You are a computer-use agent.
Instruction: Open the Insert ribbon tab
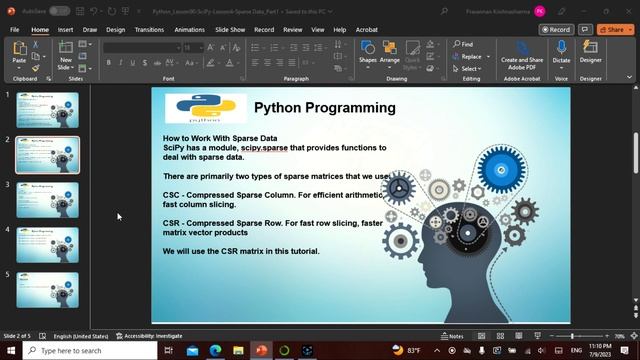click(65, 30)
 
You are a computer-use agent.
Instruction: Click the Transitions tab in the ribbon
click(149, 30)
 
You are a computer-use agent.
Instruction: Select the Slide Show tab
click(230, 30)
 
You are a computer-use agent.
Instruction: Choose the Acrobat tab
click(368, 30)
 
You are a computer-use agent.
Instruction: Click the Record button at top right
click(556, 30)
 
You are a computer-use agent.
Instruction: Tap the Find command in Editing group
click(462, 44)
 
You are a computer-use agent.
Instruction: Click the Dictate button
click(561, 54)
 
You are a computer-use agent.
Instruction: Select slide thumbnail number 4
click(48, 244)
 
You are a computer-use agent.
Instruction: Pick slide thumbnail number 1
click(48, 110)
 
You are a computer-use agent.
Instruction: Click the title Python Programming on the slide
click(324, 108)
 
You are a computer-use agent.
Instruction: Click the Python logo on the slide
click(206, 109)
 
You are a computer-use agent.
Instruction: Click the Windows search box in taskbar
click(90, 351)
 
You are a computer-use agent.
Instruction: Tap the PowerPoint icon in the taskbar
click(261, 351)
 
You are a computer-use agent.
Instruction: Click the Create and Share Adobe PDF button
click(522, 54)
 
